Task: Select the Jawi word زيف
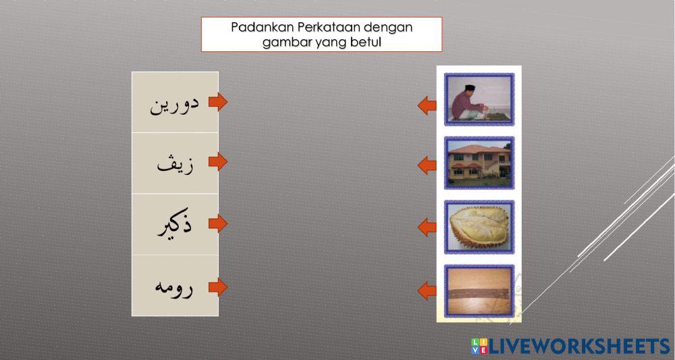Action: pyautogui.click(x=175, y=164)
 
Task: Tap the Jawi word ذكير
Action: pyautogui.click(x=175, y=224)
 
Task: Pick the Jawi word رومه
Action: pyautogui.click(x=174, y=286)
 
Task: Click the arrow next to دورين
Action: pyautogui.click(x=217, y=103)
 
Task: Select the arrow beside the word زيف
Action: pyautogui.click(x=217, y=163)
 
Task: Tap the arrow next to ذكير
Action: pyautogui.click(x=217, y=224)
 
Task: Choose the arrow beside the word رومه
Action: pyautogui.click(x=217, y=287)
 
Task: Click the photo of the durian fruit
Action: pyautogui.click(x=479, y=227)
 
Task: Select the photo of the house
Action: pyautogui.click(x=479, y=163)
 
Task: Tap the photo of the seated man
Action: pyautogui.click(x=479, y=99)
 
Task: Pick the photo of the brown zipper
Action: pyautogui.click(x=479, y=290)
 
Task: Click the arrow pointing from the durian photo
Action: pyautogui.click(x=427, y=227)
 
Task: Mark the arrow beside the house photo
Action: pyautogui.click(x=427, y=165)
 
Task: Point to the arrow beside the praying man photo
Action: pyautogui.click(x=427, y=105)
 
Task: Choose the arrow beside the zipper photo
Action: pyautogui.click(x=427, y=291)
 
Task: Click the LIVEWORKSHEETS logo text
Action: pyautogui.click(x=577, y=346)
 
